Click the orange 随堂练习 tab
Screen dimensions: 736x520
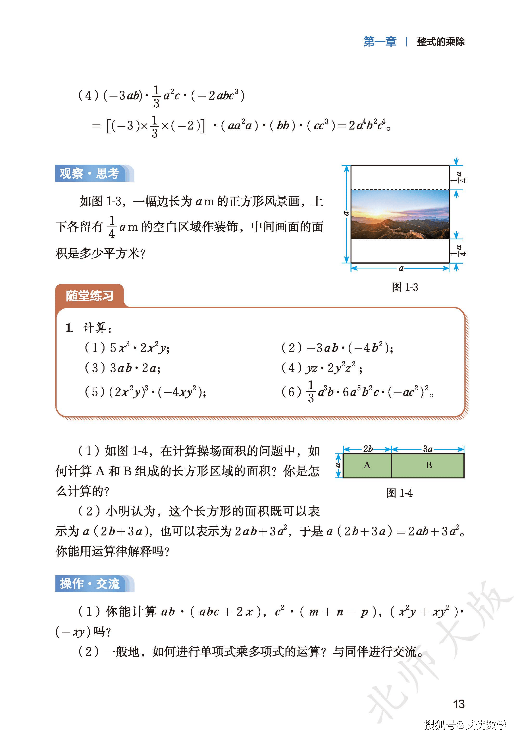click(x=90, y=295)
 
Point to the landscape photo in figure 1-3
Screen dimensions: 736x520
click(x=400, y=214)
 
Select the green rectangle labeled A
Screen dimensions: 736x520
click(x=367, y=466)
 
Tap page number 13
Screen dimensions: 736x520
click(x=459, y=704)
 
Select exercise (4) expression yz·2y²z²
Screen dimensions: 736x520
click(x=330, y=368)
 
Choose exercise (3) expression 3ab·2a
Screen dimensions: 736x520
click(x=135, y=368)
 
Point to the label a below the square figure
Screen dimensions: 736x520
click(x=401, y=268)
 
